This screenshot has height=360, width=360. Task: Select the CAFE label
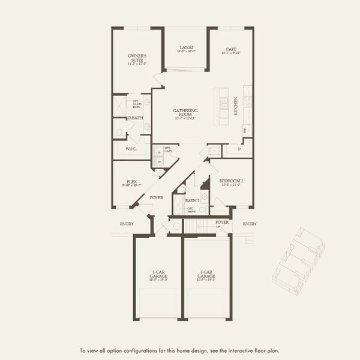[x=231, y=51]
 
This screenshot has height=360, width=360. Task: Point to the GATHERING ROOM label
[x=185, y=113]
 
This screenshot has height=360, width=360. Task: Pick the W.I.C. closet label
[x=132, y=148]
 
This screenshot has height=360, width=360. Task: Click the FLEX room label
[x=132, y=182]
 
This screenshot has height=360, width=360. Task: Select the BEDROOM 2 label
[x=230, y=182]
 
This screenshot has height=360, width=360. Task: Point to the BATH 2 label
[x=192, y=200]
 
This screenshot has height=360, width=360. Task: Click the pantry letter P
[x=239, y=148]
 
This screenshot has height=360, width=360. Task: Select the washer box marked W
[x=160, y=161]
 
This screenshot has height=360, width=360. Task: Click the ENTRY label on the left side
[x=127, y=224]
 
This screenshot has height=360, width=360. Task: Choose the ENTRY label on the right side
[x=250, y=224]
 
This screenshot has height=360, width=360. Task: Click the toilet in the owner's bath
[x=119, y=132]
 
